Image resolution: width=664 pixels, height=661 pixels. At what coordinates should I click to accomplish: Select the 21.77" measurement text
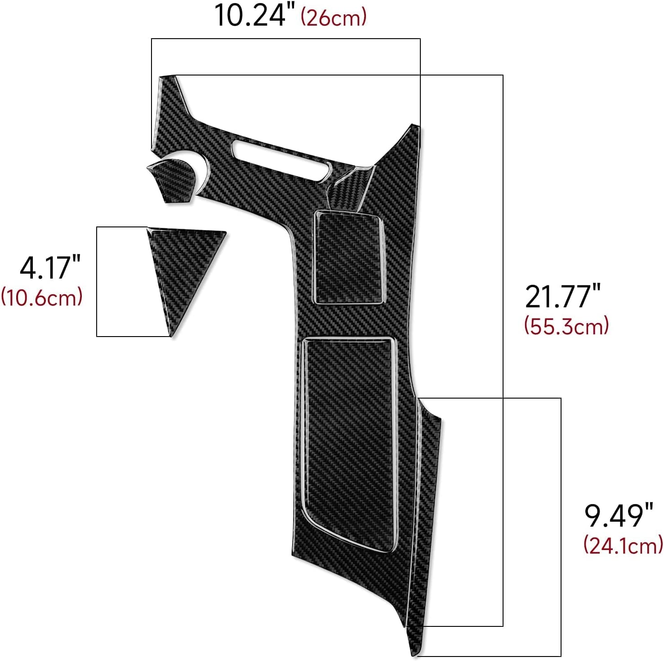(562, 297)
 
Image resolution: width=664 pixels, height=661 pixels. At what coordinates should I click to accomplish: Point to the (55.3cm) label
(566, 326)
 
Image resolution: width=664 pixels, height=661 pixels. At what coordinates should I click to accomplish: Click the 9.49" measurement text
(618, 516)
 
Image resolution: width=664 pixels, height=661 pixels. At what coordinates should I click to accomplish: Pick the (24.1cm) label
(623, 545)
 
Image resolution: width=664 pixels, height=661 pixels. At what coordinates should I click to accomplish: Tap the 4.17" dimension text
(50, 267)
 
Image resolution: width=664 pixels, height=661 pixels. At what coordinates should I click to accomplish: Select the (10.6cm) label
(42, 297)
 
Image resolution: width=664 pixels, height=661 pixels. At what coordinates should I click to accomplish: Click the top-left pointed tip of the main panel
(167, 80)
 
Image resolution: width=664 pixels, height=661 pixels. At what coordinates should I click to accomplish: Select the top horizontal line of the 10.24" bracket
(285, 39)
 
